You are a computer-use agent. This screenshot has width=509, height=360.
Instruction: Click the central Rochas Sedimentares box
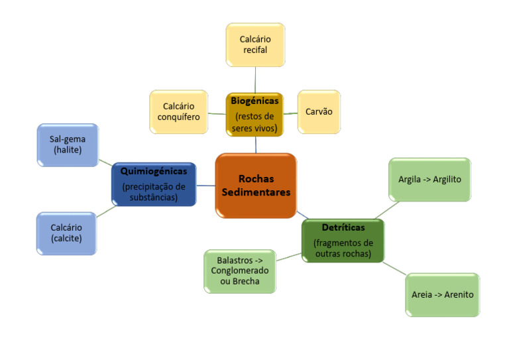[256, 186]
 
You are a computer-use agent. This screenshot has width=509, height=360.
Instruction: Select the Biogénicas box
[254, 115]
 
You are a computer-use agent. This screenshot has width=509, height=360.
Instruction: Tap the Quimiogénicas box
[154, 184]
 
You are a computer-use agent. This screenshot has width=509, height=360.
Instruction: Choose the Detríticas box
[343, 240]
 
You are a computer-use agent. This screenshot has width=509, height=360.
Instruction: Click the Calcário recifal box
[255, 45]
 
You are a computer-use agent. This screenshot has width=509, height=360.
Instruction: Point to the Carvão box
[319, 112]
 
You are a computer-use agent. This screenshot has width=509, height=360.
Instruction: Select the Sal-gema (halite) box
[68, 145]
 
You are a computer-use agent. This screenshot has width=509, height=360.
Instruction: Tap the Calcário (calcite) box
[66, 233]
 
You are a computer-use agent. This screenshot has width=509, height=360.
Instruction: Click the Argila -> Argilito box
[429, 179]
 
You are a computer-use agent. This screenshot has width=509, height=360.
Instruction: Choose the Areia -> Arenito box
[442, 294]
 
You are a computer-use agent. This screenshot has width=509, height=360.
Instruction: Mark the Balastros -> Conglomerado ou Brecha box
[239, 270]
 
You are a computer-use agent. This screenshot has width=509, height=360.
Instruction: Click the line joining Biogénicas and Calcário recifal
[255, 80]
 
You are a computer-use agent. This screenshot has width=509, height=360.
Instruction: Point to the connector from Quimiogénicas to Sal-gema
[105, 161]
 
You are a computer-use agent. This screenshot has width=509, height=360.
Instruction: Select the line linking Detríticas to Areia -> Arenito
[394, 269]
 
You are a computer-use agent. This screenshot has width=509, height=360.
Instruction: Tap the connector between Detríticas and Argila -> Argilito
[388, 210]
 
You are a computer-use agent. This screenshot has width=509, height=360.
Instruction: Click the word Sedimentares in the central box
[256, 192]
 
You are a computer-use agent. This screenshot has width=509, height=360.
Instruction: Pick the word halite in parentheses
[68, 150]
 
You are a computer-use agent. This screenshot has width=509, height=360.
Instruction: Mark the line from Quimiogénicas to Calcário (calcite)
[107, 211]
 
